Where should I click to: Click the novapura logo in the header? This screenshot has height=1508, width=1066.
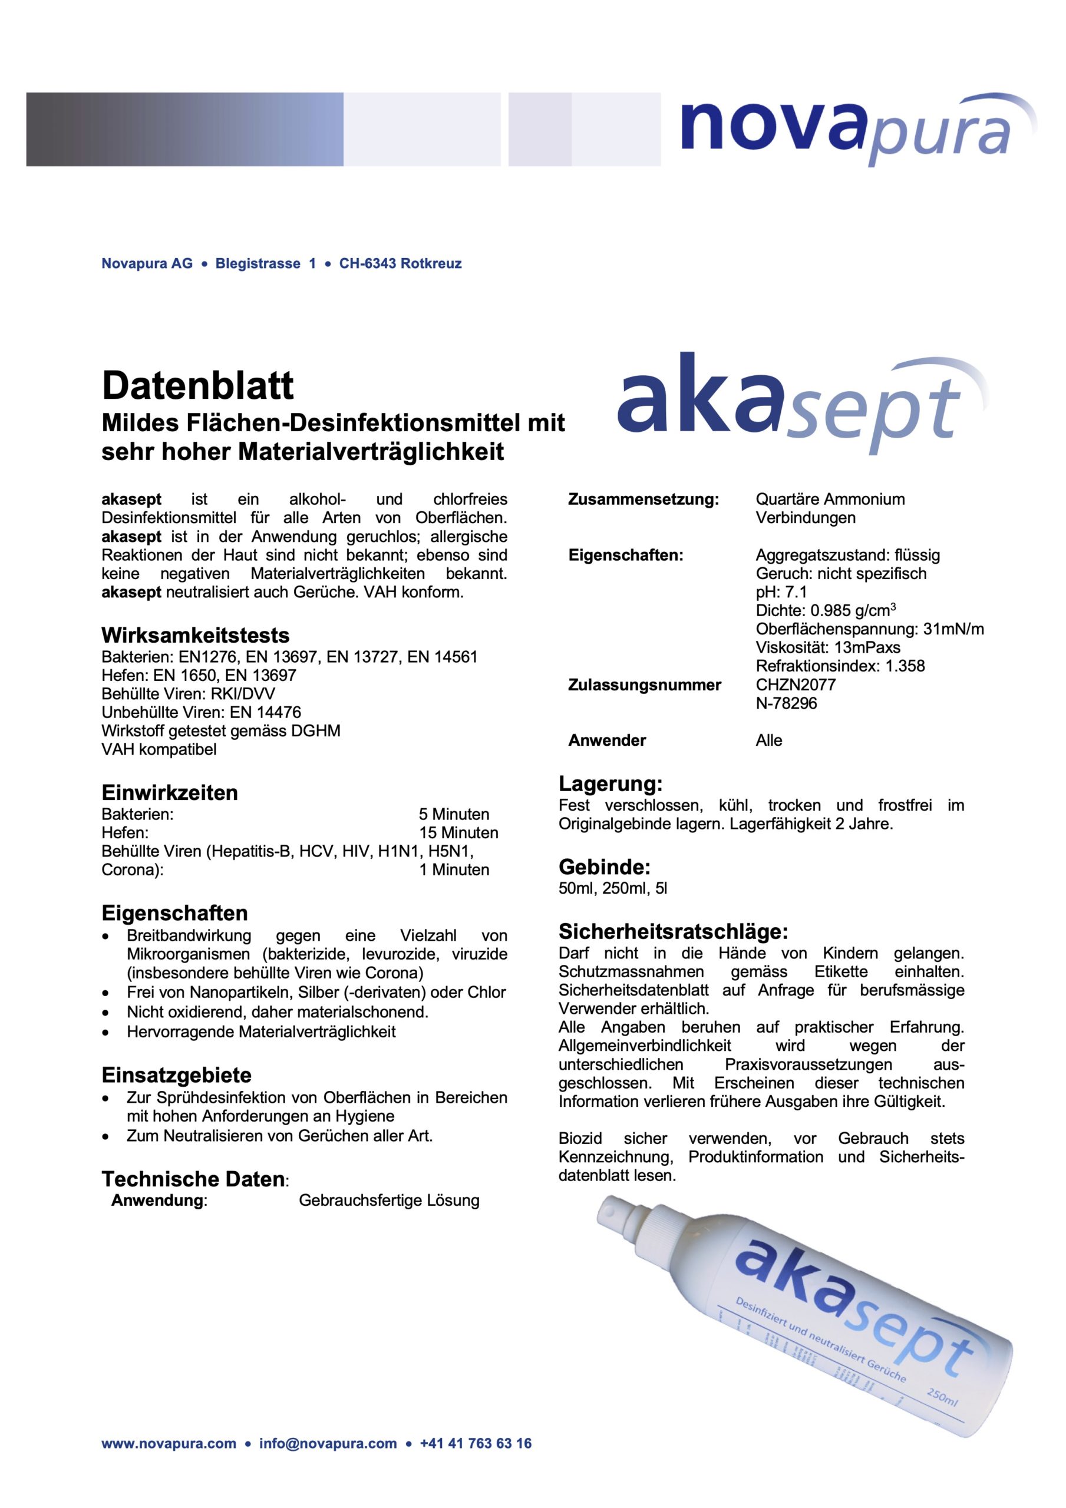pyautogui.click(x=854, y=128)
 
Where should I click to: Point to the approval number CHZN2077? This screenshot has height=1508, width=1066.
pyautogui.click(x=796, y=684)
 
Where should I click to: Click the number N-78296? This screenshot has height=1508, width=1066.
pyautogui.click(x=786, y=703)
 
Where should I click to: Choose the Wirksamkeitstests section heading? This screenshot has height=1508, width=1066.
pyautogui.click(x=195, y=635)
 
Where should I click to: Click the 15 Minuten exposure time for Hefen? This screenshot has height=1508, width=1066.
pyautogui.click(x=458, y=833)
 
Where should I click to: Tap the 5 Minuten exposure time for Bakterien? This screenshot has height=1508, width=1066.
pyautogui.click(x=454, y=815)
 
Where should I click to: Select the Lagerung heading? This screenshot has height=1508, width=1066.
pyautogui.click(x=610, y=783)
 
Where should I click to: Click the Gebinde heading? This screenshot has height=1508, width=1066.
pyautogui.click(x=604, y=867)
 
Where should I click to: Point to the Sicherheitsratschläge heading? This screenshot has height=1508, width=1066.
pyautogui.click(x=672, y=931)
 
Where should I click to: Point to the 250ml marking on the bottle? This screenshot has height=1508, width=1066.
pyautogui.click(x=941, y=1396)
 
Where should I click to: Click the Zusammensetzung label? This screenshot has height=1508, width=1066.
pyautogui.click(x=643, y=499)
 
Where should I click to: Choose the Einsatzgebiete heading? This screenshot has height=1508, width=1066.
pyautogui.click(x=176, y=1075)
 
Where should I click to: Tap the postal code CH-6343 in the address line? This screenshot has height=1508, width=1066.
pyautogui.click(x=368, y=263)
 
